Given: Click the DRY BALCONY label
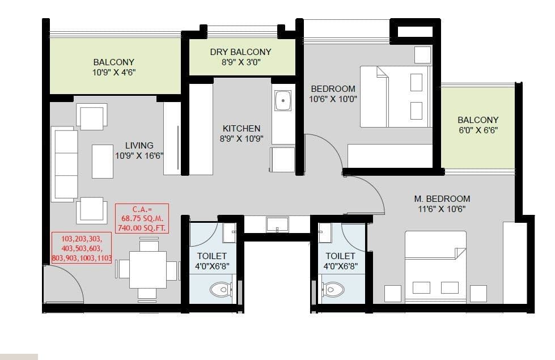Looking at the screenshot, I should (x=240, y=57).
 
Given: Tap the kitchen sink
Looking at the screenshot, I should (x=282, y=101).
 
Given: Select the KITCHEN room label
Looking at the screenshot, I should (x=242, y=133).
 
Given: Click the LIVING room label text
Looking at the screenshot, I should (x=139, y=150).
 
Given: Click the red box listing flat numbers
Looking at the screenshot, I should (x=81, y=248).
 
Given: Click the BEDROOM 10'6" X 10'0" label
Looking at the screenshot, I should (x=333, y=94).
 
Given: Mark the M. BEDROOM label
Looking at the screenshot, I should (x=442, y=204).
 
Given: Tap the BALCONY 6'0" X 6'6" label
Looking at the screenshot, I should (x=477, y=124).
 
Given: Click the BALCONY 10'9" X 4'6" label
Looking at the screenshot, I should (x=114, y=67).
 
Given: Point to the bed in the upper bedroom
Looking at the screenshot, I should (x=395, y=96).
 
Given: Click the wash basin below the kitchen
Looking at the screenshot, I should (x=277, y=224).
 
